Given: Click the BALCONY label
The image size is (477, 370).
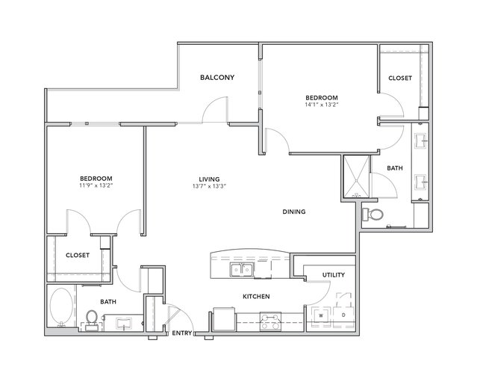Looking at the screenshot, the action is (x=217, y=77).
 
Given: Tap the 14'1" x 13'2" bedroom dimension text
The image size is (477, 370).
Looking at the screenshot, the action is (x=322, y=105).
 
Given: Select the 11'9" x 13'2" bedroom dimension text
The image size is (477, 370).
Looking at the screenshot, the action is (x=96, y=185).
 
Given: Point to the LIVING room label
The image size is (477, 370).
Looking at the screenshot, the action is (x=209, y=179).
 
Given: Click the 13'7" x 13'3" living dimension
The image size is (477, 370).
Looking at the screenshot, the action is (x=209, y=186).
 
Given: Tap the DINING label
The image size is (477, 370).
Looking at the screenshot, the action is (x=294, y=212).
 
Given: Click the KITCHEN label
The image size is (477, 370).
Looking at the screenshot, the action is (x=256, y=296).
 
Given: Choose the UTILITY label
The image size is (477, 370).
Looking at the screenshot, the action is (x=334, y=275).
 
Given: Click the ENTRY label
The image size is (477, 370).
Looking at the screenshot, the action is (x=182, y=333).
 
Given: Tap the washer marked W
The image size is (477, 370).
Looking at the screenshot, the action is (x=321, y=315).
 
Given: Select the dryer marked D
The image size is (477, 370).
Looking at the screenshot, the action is (x=344, y=315).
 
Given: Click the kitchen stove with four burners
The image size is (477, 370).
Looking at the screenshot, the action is (x=270, y=321).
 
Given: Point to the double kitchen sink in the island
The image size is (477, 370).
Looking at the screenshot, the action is (x=242, y=270).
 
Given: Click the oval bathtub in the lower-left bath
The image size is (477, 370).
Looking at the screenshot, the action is (x=61, y=306).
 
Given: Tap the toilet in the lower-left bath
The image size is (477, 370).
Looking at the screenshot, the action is (x=91, y=321).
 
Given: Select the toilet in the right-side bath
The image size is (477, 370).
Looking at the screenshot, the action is (x=373, y=215).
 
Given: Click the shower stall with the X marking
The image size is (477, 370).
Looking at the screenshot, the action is (x=357, y=176).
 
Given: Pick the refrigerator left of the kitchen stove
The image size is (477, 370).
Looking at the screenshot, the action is (x=225, y=319).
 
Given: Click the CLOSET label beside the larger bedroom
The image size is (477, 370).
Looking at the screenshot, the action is (x=400, y=78).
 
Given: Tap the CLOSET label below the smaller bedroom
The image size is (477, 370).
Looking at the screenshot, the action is (x=78, y=255).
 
